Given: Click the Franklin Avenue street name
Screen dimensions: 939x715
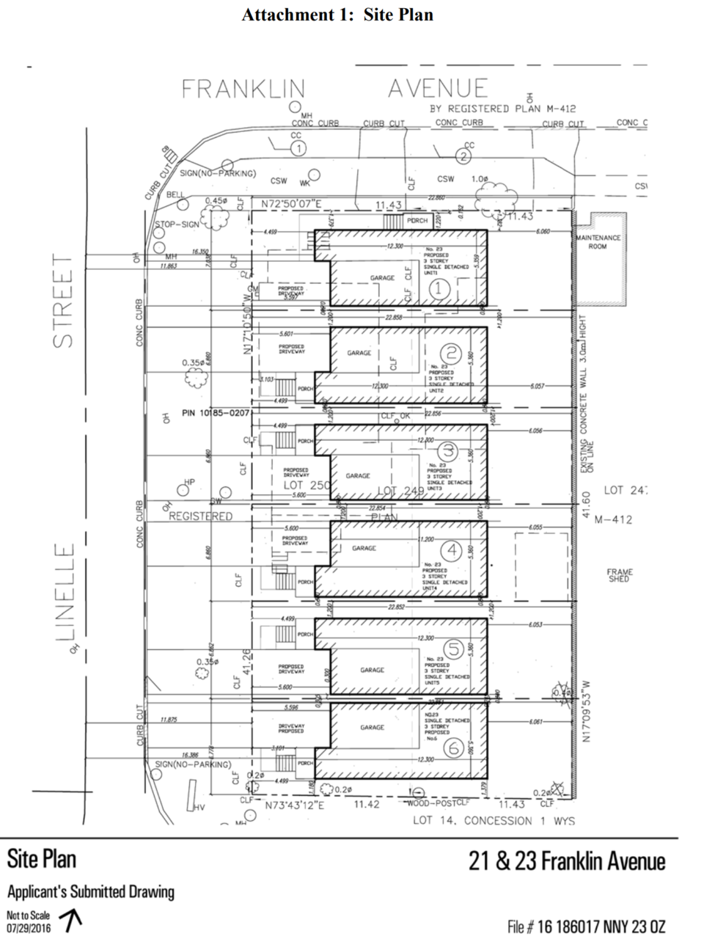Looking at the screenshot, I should click(334, 89).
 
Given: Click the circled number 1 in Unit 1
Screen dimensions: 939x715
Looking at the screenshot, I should click(439, 289).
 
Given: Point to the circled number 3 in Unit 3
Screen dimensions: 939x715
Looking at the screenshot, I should click(447, 450).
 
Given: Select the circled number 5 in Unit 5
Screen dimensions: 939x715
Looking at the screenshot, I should click(454, 648).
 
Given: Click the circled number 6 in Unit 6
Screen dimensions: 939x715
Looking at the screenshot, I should click(453, 748).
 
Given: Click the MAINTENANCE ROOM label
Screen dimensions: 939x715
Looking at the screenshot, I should click(598, 242).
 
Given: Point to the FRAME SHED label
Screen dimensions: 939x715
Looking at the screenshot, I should click(620, 575).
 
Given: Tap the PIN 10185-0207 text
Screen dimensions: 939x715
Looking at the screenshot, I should click(216, 413).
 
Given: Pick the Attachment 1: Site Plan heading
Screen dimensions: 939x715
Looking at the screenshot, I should click(337, 15).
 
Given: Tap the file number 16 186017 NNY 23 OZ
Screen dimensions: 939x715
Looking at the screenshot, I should click(587, 927).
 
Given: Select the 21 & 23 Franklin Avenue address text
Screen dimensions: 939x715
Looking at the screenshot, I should click(567, 861).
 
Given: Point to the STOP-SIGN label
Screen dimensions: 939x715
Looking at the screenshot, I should click(177, 224).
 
